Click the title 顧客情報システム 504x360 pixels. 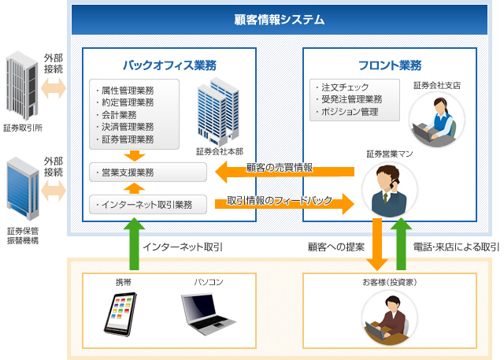(x=279, y=20)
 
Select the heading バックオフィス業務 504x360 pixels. (x=169, y=65)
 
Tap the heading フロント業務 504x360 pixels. (x=390, y=65)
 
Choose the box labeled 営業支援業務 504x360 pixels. (x=148, y=173)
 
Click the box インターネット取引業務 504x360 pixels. (x=148, y=205)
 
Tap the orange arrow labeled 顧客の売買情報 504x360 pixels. (x=284, y=172)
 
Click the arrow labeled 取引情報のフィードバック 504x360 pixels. (x=284, y=204)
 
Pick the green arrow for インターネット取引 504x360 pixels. (x=135, y=243)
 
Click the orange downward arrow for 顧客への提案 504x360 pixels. (x=377, y=244)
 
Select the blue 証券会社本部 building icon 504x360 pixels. (x=218, y=112)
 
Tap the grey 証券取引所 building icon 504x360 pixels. (x=22, y=86)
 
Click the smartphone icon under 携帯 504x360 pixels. (x=120, y=314)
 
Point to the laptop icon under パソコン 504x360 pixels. (x=208, y=314)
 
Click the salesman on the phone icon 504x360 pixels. (x=389, y=190)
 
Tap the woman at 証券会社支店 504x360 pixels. (x=437, y=120)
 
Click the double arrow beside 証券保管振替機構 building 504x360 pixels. (x=54, y=191)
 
